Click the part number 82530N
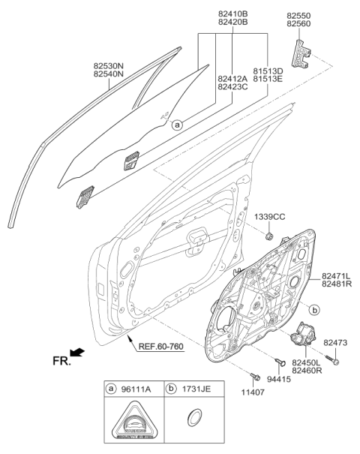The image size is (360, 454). (x=110, y=65)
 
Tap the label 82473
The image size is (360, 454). (x=335, y=343)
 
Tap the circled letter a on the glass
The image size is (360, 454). (x=176, y=125)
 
